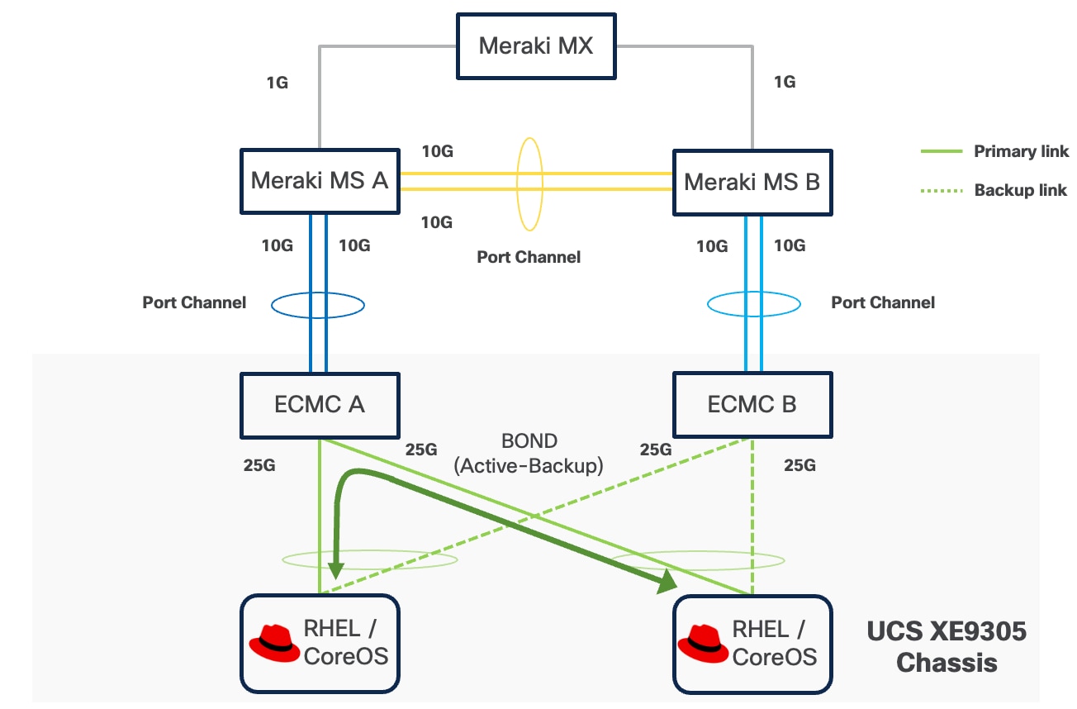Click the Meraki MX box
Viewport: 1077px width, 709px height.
click(536, 45)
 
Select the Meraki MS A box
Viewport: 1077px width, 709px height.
click(320, 182)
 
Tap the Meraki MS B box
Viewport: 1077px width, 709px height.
click(752, 182)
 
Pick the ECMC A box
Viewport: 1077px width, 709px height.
click(320, 405)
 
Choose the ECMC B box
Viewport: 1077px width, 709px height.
click(752, 405)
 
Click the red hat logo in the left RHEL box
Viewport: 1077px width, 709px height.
click(274, 642)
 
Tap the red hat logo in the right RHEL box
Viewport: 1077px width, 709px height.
click(703, 642)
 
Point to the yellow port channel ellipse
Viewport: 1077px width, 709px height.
click(529, 183)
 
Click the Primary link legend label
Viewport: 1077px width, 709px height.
click(1021, 151)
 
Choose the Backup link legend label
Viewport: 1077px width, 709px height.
click(1021, 190)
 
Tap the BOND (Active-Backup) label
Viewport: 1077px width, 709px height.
click(529, 453)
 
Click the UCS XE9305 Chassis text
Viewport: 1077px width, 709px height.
click(947, 647)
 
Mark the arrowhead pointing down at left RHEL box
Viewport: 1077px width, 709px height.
click(334, 570)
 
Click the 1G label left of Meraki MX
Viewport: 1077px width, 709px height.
click(277, 83)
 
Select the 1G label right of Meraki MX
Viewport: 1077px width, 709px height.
click(784, 83)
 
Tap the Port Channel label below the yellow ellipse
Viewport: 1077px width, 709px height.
click(529, 257)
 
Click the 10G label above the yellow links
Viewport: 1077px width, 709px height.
click(437, 151)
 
